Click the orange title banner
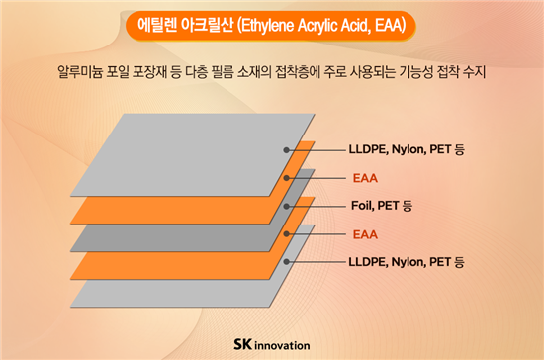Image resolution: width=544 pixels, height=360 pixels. tap(271, 26)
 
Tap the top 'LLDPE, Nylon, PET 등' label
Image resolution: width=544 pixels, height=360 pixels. tap(407, 149)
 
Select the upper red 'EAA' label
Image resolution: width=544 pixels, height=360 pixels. tap(365, 178)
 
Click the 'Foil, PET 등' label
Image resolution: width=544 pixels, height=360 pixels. tap(382, 206)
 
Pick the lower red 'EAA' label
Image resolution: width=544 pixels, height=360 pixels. tap(365, 234)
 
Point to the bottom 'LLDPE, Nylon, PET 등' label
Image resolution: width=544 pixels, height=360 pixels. tap(407, 262)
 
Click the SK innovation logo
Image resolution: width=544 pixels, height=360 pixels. tap(272, 345)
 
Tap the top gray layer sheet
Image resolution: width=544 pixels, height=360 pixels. tap(193, 155)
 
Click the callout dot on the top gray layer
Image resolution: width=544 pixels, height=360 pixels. tap(286, 150)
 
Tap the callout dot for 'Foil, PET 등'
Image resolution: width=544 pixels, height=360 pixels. tap(286, 207)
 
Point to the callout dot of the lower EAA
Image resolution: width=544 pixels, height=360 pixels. tap(286, 234)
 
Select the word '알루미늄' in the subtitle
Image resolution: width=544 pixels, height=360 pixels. tap(80, 72)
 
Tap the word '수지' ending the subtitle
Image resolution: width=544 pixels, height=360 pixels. tap(475, 72)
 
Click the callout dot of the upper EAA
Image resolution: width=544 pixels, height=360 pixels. tap(286, 178)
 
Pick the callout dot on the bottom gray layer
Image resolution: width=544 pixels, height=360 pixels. tap(286, 262)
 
